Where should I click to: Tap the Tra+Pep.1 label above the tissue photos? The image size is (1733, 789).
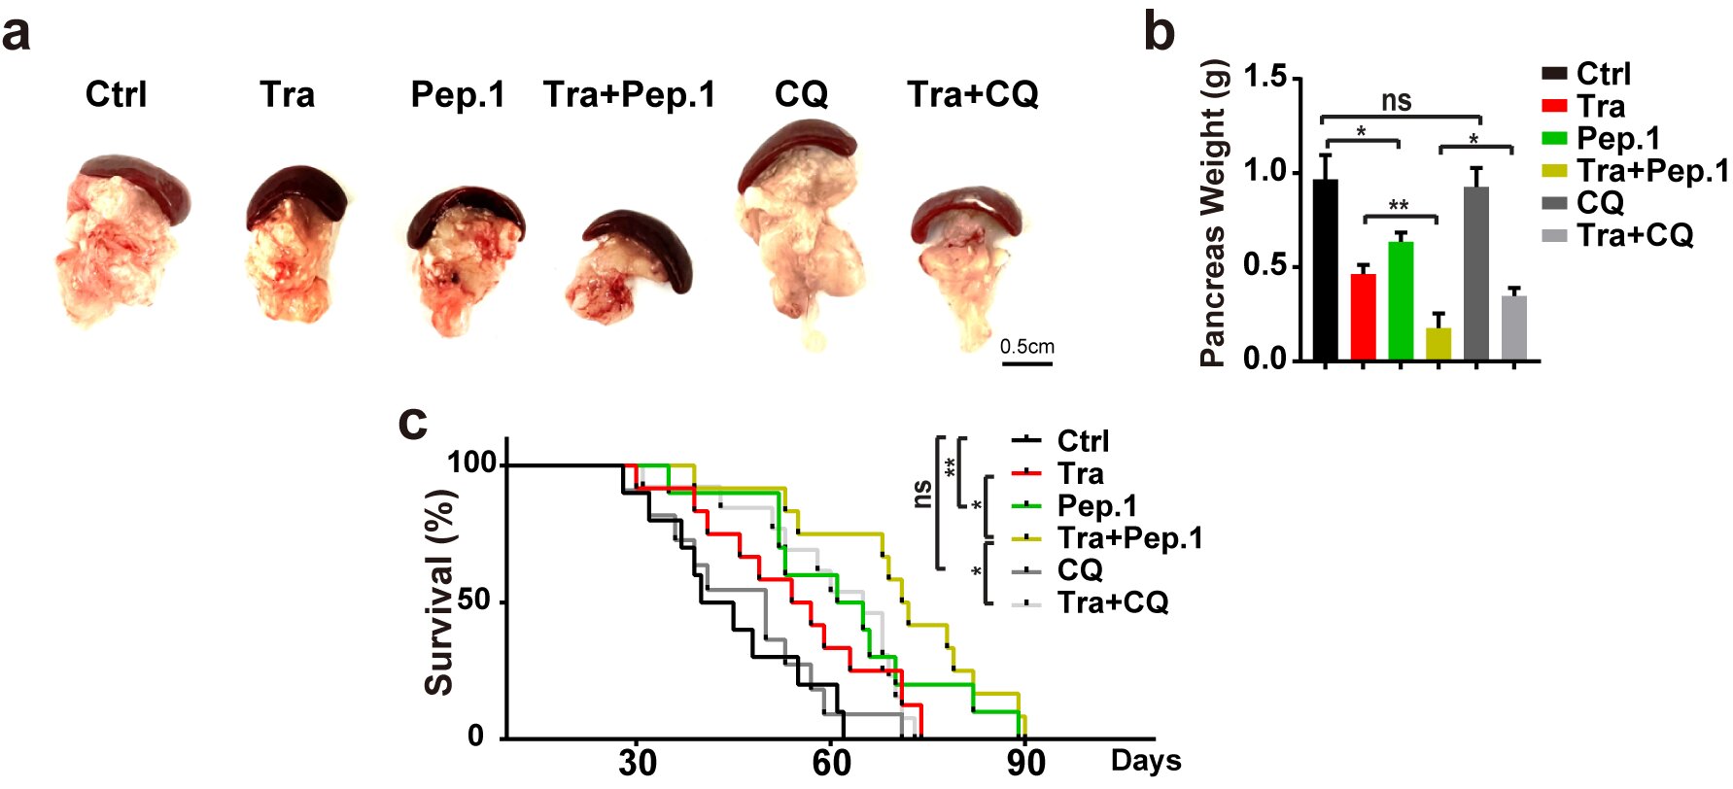click(x=629, y=94)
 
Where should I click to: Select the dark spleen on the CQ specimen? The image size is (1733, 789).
click(x=797, y=146)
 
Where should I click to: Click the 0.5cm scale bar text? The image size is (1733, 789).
click(x=1026, y=347)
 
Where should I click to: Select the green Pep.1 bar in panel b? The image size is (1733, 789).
click(x=1401, y=300)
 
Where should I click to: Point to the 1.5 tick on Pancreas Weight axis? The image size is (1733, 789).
click(x=1265, y=77)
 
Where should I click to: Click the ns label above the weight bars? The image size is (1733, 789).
click(x=1397, y=101)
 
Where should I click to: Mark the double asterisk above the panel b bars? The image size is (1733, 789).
click(x=1399, y=205)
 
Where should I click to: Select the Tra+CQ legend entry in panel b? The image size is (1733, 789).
click(x=1634, y=235)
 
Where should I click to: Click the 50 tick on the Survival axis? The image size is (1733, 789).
click(x=474, y=600)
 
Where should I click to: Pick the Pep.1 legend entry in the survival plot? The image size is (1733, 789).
click(x=1096, y=506)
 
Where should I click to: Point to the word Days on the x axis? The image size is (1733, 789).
click(x=1146, y=761)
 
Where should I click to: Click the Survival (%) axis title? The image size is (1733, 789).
click(x=439, y=593)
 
